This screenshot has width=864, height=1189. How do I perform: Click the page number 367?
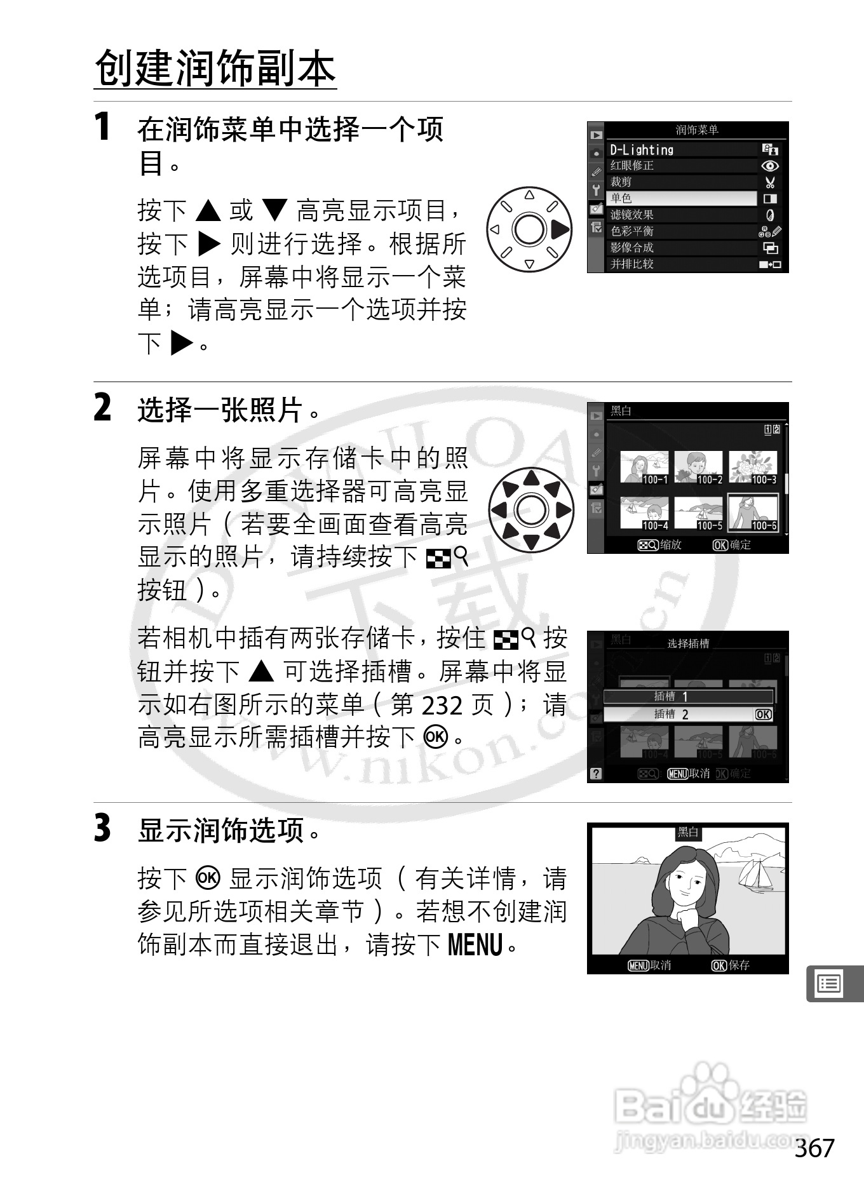814,1148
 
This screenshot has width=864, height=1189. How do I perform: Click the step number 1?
102,126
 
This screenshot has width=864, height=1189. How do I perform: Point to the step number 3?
102,829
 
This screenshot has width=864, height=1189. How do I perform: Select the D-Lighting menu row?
682,150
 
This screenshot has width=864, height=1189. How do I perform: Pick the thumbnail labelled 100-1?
644,467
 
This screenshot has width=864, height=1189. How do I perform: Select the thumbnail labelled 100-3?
753,467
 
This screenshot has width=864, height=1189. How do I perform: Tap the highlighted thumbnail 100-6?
753,513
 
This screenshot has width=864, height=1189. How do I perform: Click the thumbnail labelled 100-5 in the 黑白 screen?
699,513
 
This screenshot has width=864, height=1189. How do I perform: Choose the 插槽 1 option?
688,697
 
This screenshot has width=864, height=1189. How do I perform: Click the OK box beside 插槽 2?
763,715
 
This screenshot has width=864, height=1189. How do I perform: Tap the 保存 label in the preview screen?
739,965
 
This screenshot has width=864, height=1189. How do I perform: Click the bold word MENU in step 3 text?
475,944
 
